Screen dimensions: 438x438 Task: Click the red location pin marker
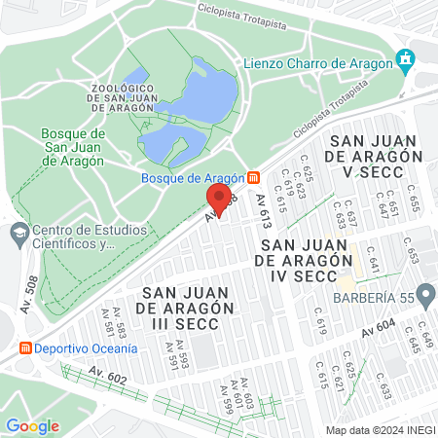coord(219,199)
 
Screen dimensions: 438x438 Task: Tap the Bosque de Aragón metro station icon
coord(254,177)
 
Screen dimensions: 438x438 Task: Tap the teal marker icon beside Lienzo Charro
coord(406,62)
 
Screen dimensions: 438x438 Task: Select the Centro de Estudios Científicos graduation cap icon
coord(18,233)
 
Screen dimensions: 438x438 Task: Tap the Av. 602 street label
coord(107,376)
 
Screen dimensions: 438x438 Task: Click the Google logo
coord(32,424)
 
